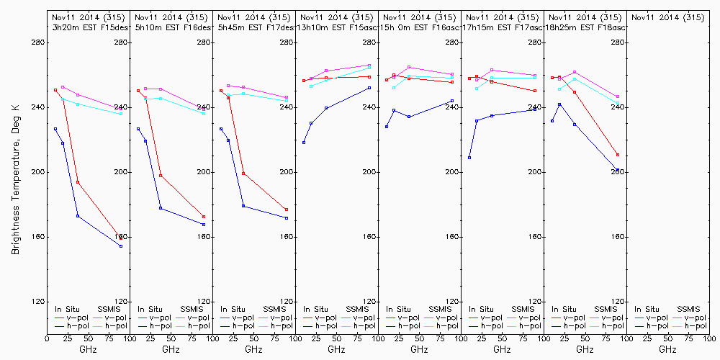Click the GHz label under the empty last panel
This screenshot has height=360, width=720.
(667, 349)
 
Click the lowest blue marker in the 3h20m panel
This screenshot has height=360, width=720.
(121, 246)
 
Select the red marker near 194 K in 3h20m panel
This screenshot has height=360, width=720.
(78, 182)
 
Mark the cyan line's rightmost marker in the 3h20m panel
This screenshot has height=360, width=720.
(121, 114)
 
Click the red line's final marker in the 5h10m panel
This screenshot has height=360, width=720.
(204, 217)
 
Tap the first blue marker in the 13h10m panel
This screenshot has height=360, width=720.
(304, 143)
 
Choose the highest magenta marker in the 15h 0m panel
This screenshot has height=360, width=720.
(409, 67)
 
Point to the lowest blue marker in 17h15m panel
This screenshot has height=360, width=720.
(469, 158)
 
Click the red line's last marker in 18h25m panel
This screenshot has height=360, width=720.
(618, 155)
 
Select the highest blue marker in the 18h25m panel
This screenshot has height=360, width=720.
(559, 104)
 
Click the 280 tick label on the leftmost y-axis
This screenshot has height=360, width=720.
(37, 42)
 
